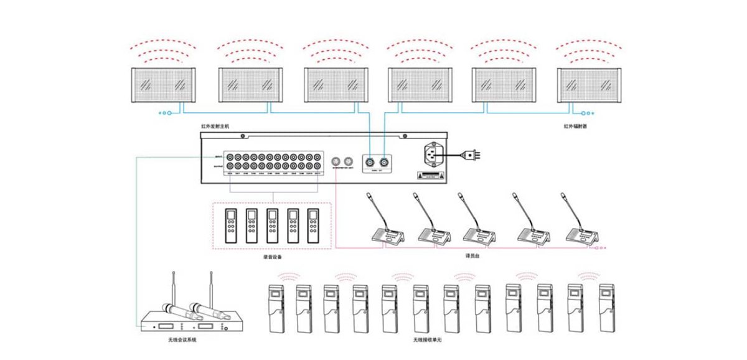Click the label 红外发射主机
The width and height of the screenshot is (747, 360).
[x=215, y=126]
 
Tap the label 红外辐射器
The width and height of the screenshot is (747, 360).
[x=575, y=126]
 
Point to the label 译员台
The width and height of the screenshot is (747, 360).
[x=473, y=255]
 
